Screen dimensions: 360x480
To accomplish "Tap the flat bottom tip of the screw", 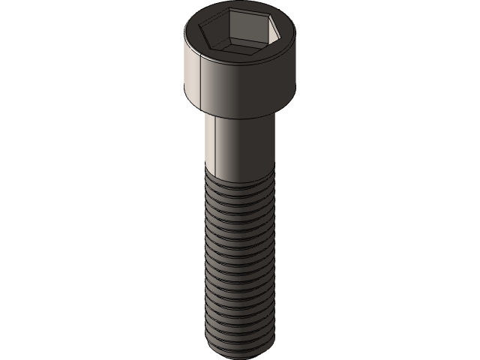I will [240, 351].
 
